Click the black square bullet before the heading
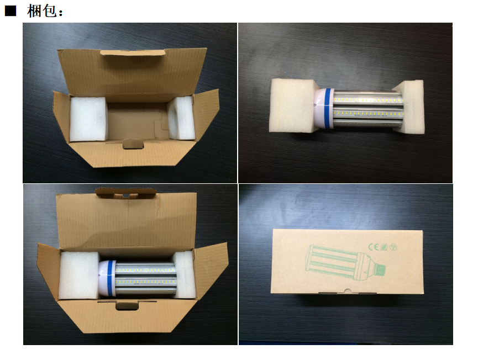(10, 11)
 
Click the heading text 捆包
(42, 11)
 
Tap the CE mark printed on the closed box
(374, 246)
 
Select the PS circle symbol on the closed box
(393, 247)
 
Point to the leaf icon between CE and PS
(384, 247)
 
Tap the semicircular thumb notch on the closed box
(347, 292)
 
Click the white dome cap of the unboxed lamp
(319, 108)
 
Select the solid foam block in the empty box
(88, 119)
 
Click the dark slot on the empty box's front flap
(133, 144)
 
